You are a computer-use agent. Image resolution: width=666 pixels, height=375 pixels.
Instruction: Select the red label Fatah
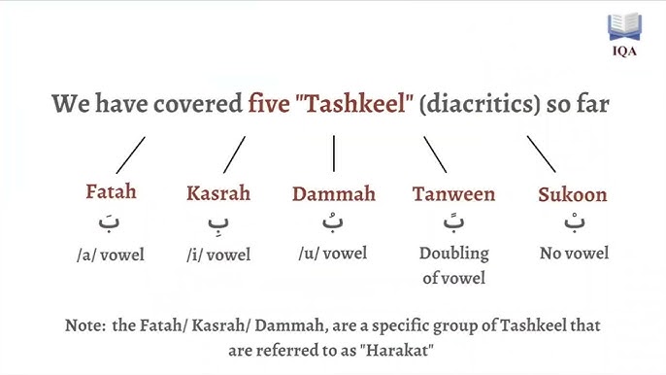(111, 191)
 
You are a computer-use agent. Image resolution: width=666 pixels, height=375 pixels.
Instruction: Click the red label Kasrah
(218, 192)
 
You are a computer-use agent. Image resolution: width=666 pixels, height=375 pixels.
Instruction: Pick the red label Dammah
(333, 192)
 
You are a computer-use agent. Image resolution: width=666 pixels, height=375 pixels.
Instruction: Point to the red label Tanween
(453, 193)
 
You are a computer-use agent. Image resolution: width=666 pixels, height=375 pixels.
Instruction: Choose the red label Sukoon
(572, 194)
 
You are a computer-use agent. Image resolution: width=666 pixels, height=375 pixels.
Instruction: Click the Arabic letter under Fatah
(111, 222)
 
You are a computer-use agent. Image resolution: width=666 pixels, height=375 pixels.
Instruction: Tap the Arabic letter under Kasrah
(218, 224)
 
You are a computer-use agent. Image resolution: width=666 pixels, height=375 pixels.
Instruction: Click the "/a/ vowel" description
(110, 255)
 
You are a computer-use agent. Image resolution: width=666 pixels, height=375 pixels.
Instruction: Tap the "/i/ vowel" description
(218, 256)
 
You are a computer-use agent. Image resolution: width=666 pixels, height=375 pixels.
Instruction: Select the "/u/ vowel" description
(333, 254)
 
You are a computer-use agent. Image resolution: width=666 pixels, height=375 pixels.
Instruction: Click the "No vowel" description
(574, 254)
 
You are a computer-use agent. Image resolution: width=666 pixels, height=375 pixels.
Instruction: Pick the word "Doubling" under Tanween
(453, 254)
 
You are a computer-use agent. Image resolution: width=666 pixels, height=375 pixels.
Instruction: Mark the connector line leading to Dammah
(333, 153)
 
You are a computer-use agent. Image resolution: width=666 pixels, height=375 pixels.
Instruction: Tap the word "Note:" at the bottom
(85, 325)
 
